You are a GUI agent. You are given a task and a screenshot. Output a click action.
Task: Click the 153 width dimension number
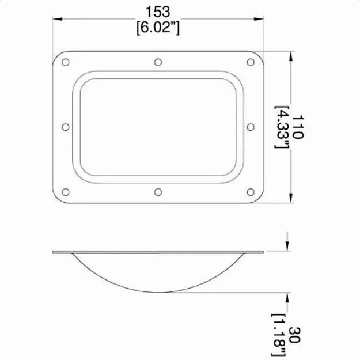point(158,12)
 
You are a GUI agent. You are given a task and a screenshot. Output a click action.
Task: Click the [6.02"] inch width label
point(158,27)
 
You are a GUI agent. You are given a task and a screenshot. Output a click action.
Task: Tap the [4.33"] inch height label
point(282,127)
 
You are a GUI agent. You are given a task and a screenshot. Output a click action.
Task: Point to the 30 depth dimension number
point(295,336)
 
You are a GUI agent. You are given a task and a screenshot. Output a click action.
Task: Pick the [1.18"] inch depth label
point(280,336)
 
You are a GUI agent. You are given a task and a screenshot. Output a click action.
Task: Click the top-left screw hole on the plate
point(65,62)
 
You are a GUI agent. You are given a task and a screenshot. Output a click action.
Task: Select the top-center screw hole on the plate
point(158,62)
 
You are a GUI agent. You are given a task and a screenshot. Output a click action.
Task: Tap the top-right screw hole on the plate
point(251,62)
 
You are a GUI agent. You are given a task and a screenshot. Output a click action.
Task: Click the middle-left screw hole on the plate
point(65,127)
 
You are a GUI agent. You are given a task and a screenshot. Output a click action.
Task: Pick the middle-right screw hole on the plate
point(251,127)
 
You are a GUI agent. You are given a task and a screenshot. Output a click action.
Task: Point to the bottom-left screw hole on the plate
point(65,192)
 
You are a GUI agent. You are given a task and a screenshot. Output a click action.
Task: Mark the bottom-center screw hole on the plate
point(158,192)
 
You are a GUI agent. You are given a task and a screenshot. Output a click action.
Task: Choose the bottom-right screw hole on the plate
point(251,192)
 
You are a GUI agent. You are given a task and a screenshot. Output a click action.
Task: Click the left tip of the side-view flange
point(53,252)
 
